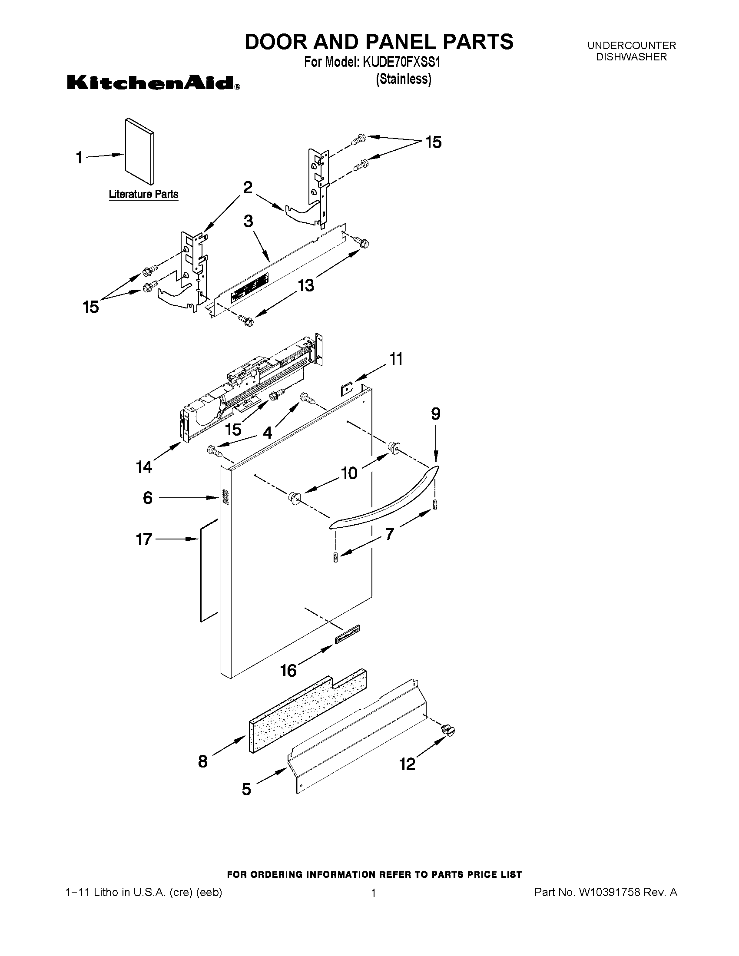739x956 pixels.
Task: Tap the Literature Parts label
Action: point(143,194)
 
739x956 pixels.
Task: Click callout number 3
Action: point(248,221)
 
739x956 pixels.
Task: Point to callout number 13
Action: point(306,285)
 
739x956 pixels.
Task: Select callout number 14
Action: point(144,467)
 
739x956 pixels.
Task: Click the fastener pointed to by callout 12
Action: point(449,730)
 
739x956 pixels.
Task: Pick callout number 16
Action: point(288,670)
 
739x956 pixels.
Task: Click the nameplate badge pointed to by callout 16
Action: point(348,634)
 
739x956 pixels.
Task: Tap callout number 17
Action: point(144,539)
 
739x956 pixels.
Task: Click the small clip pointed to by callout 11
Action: point(347,388)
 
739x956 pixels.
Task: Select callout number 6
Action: point(148,498)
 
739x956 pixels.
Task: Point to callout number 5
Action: point(246,789)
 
